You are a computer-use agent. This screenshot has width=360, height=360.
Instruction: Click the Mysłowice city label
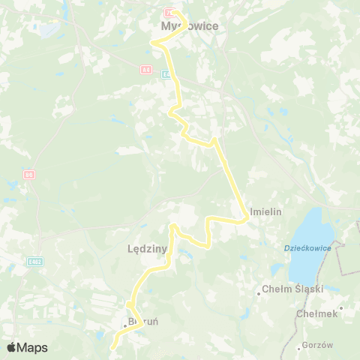point(190,26)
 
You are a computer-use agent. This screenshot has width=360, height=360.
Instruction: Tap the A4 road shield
point(145,69)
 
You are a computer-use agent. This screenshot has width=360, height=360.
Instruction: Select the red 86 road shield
point(29,175)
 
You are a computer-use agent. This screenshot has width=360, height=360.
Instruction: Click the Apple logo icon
point(13,347)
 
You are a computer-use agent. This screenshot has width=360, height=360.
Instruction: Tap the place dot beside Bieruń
point(125,326)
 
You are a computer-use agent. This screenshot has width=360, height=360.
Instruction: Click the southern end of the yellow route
point(113,348)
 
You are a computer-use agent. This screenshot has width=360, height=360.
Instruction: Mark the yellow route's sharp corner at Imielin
point(247,218)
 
